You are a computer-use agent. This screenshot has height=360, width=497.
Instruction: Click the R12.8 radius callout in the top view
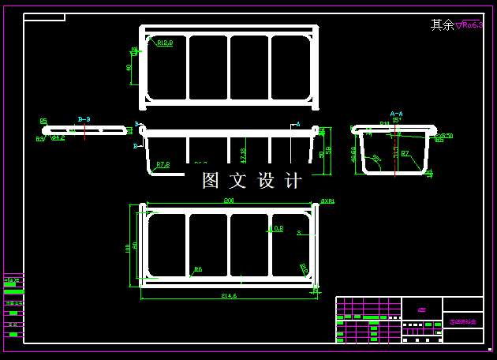click(165, 43)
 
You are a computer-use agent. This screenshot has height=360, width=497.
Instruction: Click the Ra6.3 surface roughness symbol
click(472, 25)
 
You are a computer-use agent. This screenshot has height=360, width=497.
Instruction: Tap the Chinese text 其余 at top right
click(442, 25)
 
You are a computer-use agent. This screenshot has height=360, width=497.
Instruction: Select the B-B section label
click(84, 119)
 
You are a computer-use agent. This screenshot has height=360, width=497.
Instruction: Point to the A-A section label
click(396, 114)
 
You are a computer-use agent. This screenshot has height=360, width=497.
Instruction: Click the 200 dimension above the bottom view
click(229, 201)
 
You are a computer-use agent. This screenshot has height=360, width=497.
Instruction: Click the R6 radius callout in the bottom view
click(198, 269)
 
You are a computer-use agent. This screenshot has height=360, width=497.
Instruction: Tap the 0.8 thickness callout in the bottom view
click(278, 229)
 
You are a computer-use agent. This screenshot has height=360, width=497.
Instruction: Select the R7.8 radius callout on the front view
click(163, 165)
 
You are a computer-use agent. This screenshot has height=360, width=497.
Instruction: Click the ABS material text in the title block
click(422, 310)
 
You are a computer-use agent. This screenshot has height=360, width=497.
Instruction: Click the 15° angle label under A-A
click(397, 120)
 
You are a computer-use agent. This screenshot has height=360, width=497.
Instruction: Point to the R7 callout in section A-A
click(405, 153)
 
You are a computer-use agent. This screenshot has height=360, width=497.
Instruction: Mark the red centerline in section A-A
click(394, 150)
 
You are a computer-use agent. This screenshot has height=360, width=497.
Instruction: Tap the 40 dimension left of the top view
click(129, 68)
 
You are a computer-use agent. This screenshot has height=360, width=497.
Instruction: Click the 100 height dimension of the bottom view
click(128, 247)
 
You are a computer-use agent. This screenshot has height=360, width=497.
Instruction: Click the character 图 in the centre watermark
click(211, 181)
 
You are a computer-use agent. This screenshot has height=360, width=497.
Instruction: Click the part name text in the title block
click(462, 322)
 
